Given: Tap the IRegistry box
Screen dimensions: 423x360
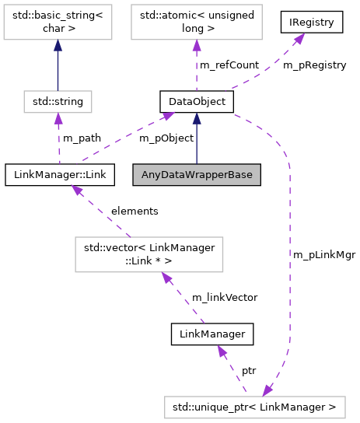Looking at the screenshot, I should [312, 23].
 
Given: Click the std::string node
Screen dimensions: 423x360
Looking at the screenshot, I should [58, 101].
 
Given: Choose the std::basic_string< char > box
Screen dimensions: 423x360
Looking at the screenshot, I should [58, 23].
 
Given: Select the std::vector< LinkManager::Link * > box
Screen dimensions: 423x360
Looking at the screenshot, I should [149, 253].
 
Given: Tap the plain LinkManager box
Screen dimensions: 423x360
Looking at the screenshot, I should [212, 334].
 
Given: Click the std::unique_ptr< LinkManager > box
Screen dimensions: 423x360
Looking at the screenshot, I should [254, 407].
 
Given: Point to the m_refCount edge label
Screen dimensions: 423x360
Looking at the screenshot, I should [229, 65].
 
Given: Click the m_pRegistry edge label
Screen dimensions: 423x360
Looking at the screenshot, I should [314, 65].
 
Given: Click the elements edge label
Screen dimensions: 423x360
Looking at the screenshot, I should [135, 211].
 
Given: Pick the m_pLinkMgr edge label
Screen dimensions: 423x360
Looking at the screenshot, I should [324, 254].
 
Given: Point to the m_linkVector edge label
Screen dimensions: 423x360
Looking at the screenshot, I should [225, 297].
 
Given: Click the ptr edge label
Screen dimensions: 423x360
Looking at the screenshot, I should [249, 371].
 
